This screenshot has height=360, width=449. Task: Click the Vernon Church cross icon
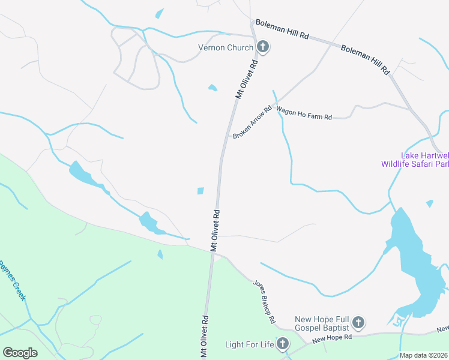(262, 47)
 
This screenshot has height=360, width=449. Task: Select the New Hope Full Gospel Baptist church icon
(358, 323)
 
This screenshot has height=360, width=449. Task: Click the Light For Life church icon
(283, 344)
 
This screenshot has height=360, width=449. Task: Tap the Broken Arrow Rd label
(252, 122)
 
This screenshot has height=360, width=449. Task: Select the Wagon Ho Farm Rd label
(304, 113)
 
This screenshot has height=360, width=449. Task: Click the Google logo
(20, 352)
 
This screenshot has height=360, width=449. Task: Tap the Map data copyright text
(424, 355)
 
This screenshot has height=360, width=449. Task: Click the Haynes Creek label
(13, 277)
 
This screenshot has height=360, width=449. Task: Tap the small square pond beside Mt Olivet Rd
(200, 191)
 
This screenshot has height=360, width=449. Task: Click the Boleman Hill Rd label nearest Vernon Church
(282, 29)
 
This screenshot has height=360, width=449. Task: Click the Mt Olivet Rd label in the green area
(204, 337)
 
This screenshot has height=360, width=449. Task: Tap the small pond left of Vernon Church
(212, 88)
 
